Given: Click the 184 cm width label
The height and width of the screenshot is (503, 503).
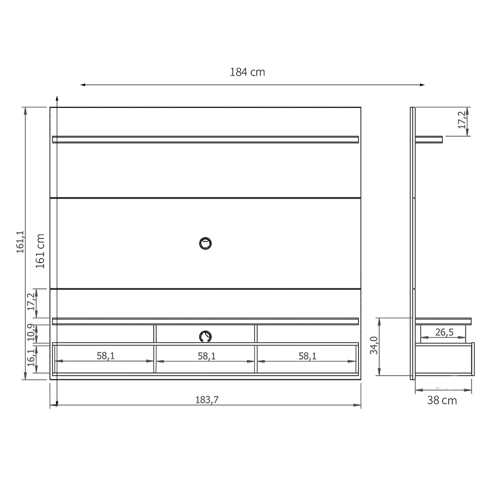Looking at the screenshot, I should (x=247, y=72).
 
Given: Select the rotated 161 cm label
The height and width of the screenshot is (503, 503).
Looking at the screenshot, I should (x=41, y=251).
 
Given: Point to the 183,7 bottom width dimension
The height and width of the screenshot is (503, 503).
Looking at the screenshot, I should (x=205, y=400).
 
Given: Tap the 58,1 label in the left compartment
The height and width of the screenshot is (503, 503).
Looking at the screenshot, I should (x=105, y=356).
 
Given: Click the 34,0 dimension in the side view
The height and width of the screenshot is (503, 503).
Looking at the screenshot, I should (x=375, y=346).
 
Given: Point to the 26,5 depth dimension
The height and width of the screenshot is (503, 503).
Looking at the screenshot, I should (x=444, y=332).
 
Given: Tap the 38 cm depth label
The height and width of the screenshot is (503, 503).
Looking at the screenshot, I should (x=442, y=400).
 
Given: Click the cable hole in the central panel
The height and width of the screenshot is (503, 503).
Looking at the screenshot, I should (x=206, y=244).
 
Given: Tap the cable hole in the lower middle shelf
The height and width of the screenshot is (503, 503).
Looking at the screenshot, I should (x=205, y=336).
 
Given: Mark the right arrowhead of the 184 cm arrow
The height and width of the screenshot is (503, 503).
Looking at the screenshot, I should (x=422, y=85).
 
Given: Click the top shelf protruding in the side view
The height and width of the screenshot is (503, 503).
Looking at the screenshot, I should (x=429, y=139).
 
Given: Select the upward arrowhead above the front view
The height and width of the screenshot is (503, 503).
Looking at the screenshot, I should (x=57, y=98).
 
